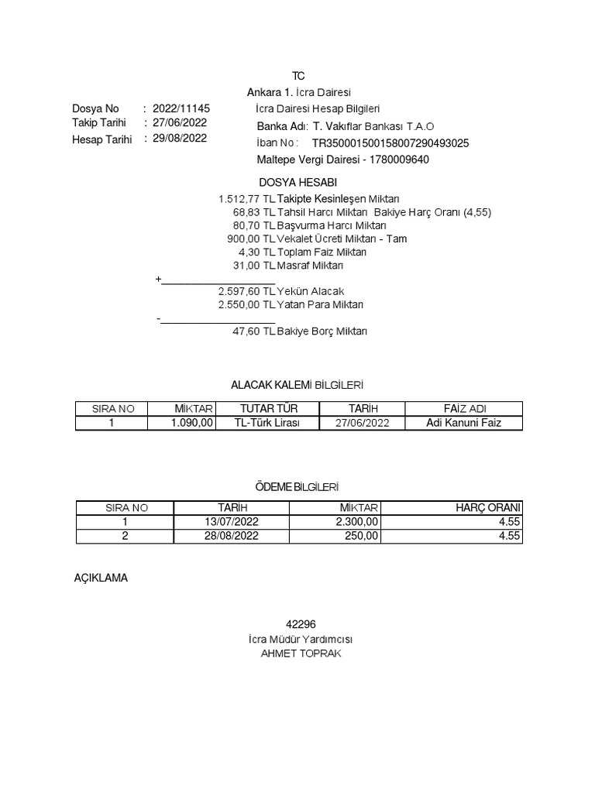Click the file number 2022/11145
click(181, 109)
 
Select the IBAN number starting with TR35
click(390, 143)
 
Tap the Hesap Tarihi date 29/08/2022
click(180, 139)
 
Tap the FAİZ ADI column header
click(465, 409)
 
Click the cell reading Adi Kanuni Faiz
click(464, 423)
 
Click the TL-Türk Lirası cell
click(267, 423)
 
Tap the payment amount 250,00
click(361, 536)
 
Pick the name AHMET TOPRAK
click(301, 654)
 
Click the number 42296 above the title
click(301, 624)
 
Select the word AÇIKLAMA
click(100, 578)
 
